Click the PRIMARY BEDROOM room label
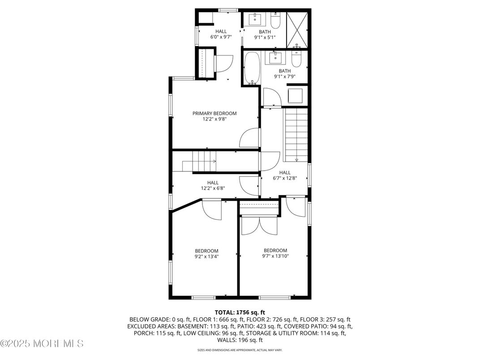click(214, 113)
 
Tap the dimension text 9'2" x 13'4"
click(206, 257)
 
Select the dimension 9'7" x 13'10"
click(275, 256)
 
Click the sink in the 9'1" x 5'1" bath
click(256, 19)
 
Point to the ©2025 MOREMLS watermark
click(42, 344)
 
